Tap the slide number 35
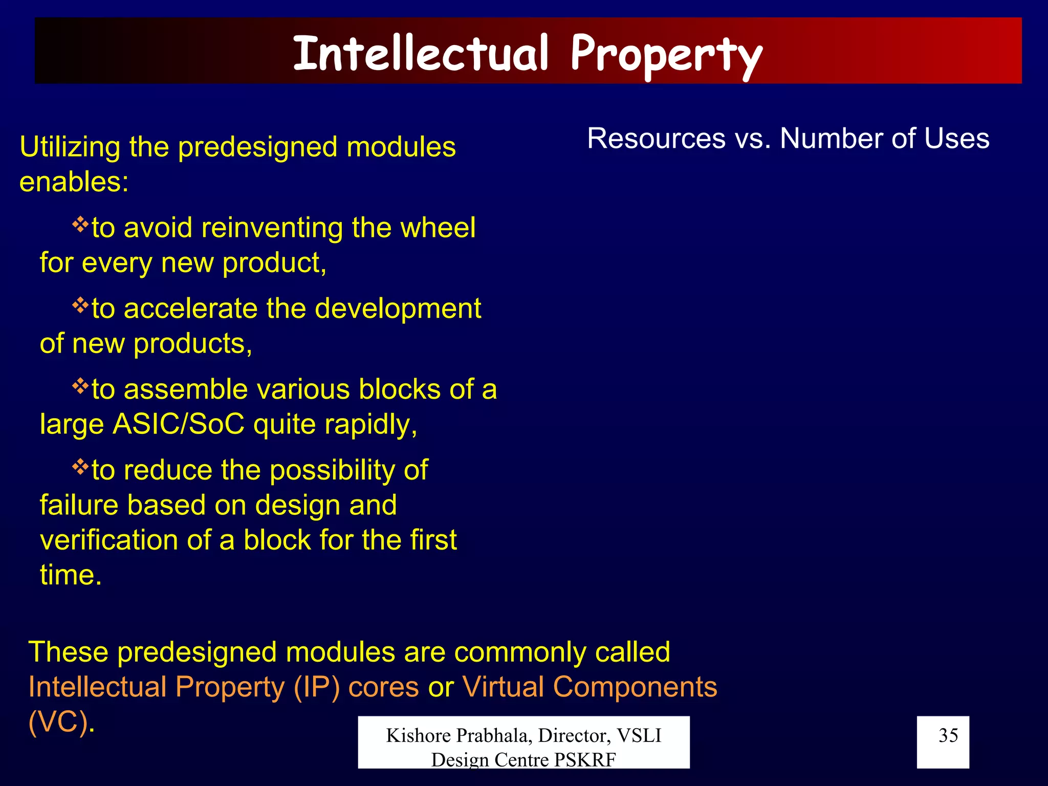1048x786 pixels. (948, 735)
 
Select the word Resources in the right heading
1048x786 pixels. (656, 139)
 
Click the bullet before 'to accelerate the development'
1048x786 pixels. (80, 305)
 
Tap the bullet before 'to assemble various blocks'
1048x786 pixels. (80, 386)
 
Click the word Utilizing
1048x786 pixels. (70, 147)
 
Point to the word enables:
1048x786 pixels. (74, 182)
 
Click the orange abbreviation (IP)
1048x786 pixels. (317, 687)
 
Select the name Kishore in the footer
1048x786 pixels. (418, 735)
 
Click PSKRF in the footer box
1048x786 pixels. (585, 760)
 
